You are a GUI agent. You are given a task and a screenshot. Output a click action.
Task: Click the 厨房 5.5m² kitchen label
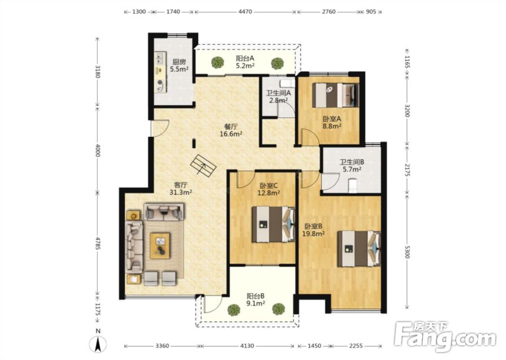coord(179,65)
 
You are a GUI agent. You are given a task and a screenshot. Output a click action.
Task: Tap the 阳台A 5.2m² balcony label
coord(245,62)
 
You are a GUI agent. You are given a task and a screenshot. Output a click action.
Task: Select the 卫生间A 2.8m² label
coord(278,96)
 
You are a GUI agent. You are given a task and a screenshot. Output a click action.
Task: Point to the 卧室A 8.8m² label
coord(332,122)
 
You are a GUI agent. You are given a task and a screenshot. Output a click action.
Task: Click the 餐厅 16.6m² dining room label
coord(231,130)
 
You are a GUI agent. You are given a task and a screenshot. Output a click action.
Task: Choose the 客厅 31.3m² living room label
coord(181,189)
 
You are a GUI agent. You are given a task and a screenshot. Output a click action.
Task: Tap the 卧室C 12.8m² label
coord(269,189)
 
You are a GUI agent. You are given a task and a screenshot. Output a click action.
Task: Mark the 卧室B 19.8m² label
coord(313,230)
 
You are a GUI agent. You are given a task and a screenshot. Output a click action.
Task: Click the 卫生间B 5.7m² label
coord(351,166)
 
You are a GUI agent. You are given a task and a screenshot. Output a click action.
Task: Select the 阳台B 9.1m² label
coord(256,299)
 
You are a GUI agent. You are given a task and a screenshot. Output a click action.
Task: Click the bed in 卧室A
coord(335,96)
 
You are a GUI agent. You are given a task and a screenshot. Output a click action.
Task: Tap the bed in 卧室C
coord(273,224)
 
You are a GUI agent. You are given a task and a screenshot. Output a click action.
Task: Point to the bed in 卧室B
coord(359,249)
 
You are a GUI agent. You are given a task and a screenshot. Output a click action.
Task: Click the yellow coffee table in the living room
coord(160,246)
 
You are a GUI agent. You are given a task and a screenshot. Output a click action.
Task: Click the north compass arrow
coord(98,344)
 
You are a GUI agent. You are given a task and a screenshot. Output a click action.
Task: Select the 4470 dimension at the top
coord(245,12)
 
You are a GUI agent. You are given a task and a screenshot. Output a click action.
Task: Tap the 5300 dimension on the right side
coord(407,250)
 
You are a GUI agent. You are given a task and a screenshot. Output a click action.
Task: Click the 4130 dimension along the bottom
coord(247,346)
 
